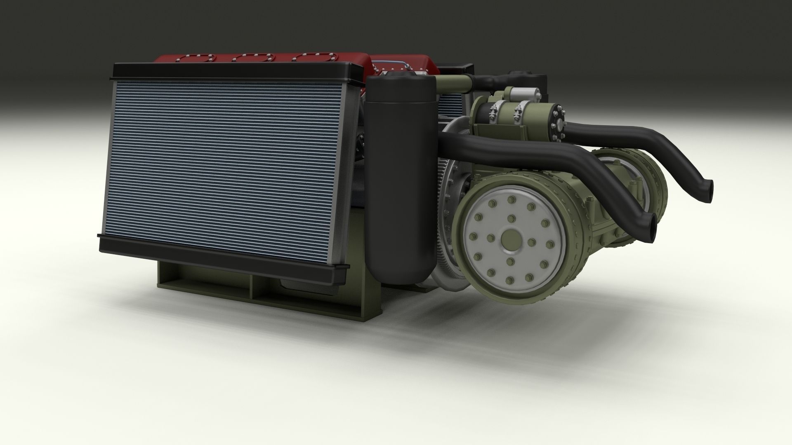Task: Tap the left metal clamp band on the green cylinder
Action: point(493,112)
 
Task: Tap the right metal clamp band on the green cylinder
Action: point(519,112)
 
